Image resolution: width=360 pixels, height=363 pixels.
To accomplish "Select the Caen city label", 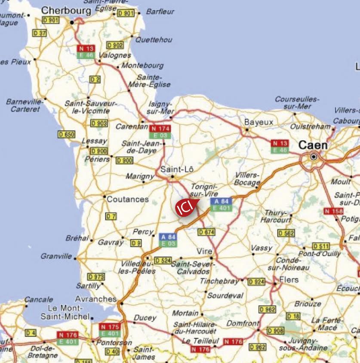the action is click(313, 145).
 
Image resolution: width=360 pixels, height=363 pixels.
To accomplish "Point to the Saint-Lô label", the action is click(177, 169).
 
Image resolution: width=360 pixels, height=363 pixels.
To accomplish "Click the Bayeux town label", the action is click(258, 122).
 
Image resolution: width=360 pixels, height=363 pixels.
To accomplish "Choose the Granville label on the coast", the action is click(56, 256).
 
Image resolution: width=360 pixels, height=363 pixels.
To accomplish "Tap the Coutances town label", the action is click(128, 199).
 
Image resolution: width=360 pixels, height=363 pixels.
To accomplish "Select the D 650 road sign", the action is click(67, 134).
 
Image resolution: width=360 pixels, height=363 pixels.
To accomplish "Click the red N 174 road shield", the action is click(160, 128).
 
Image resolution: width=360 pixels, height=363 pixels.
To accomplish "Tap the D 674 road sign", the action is click(206, 232).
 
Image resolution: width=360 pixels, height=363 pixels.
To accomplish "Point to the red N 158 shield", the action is click(334, 211).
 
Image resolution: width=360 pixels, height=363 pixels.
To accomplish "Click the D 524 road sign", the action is click(163, 260).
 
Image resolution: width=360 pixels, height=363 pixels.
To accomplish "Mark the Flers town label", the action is click(289, 280).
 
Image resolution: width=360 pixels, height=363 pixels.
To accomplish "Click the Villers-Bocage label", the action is click(248, 179).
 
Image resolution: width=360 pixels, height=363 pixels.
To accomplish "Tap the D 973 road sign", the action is click(96, 277).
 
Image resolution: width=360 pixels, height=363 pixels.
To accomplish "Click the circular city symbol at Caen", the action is click(314, 157).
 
